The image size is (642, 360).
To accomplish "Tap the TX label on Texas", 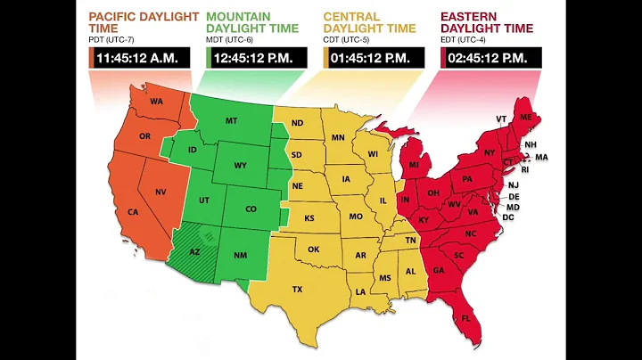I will (297, 289).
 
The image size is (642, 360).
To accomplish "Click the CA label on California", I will (133, 212).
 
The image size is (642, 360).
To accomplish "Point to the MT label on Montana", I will (231, 121).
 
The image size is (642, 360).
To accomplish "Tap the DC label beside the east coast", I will (509, 217).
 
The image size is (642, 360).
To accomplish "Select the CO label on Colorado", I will (251, 209).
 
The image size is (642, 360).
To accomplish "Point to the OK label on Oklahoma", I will (313, 250).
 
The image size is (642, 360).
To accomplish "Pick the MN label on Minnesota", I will (338, 138).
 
